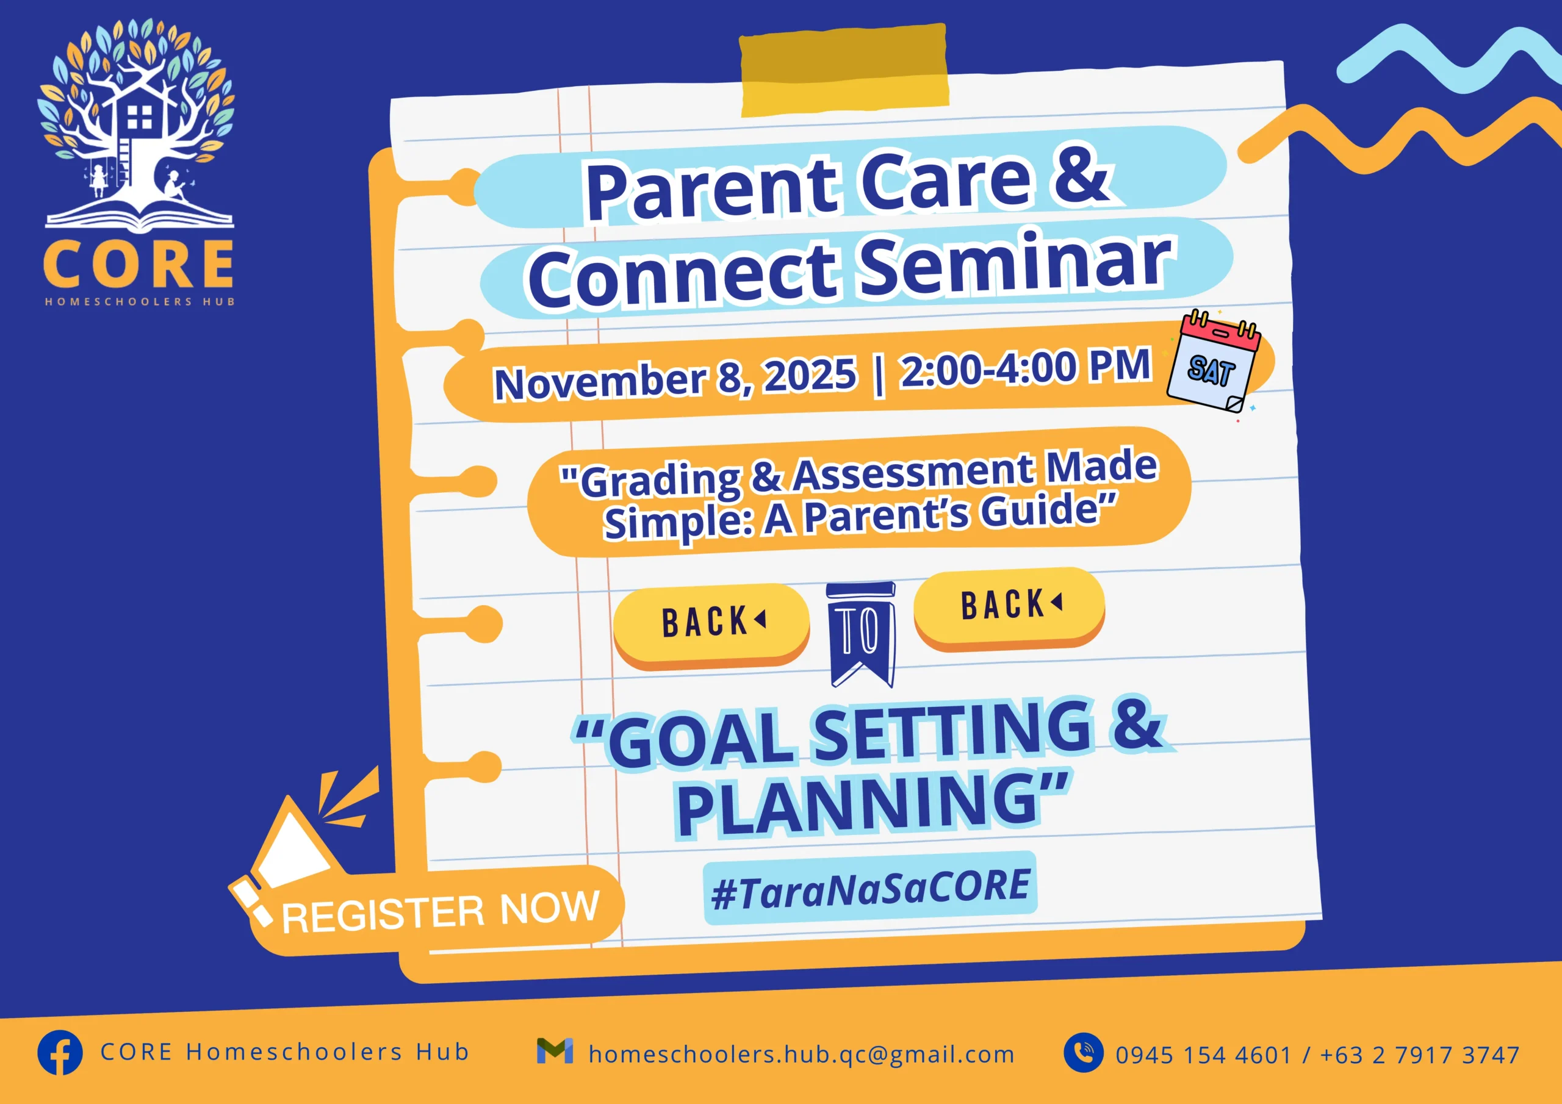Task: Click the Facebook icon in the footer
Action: [x=60, y=1052]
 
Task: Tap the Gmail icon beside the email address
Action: [x=555, y=1051]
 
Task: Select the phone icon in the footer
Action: [x=1084, y=1053]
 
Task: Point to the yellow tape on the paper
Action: [x=844, y=71]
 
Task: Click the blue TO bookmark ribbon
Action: [x=862, y=633]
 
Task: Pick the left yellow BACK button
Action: [x=711, y=623]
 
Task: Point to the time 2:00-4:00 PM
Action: [x=1025, y=368]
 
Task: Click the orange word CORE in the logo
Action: [x=139, y=264]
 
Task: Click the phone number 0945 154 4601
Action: [x=1203, y=1055]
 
